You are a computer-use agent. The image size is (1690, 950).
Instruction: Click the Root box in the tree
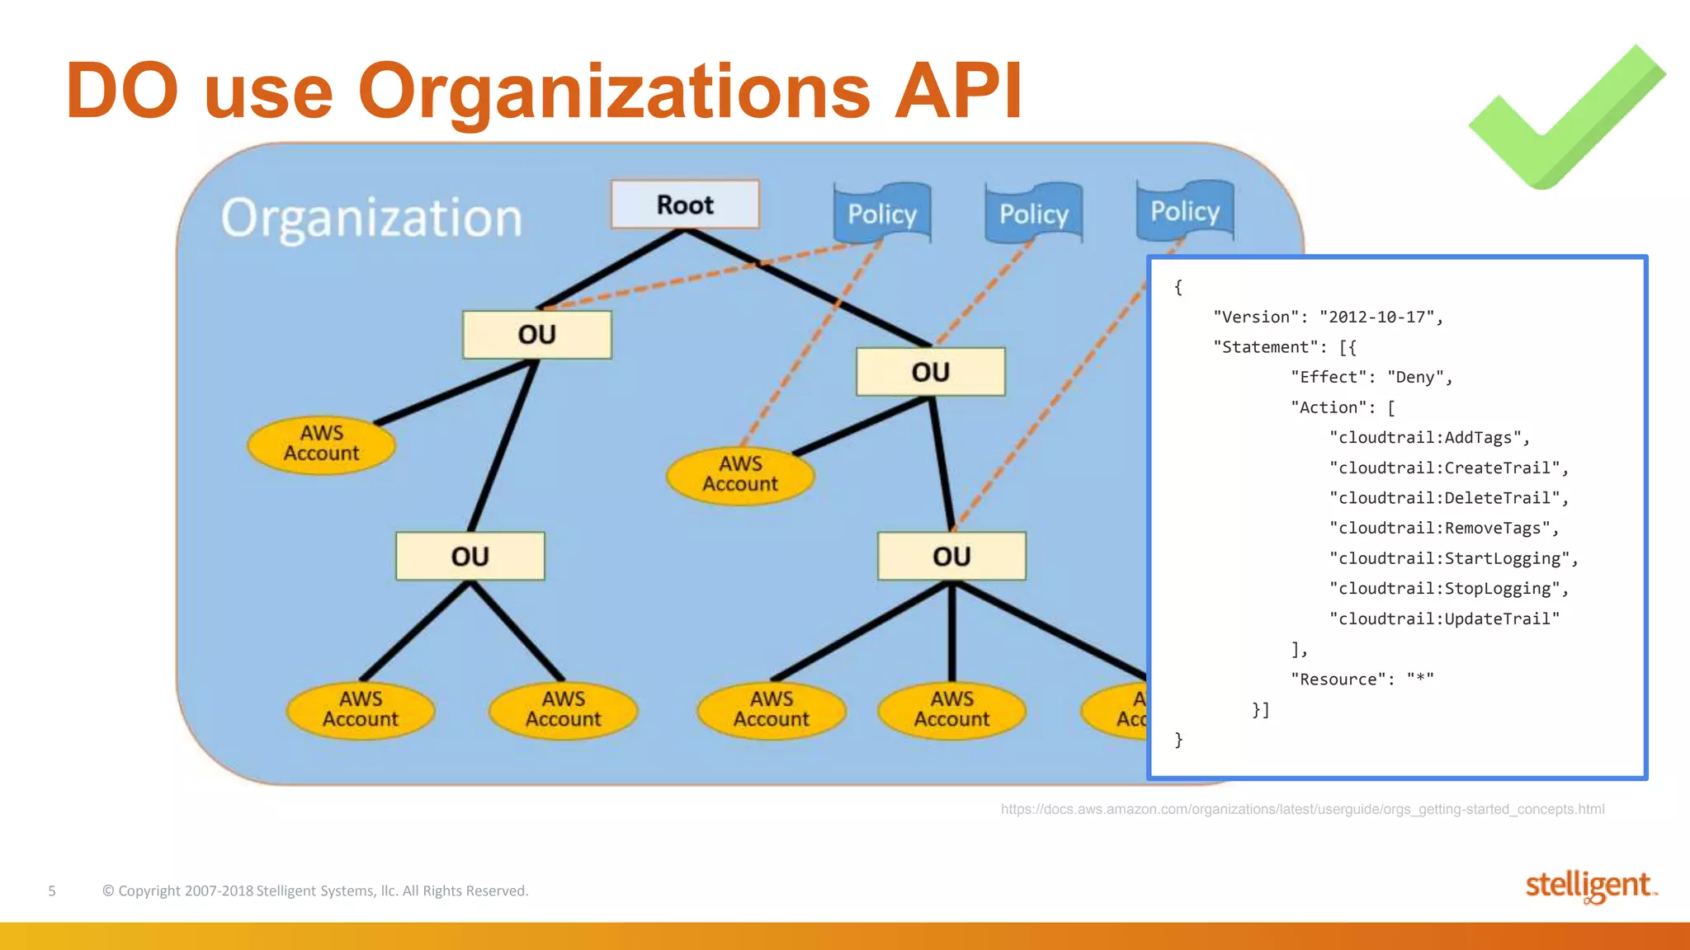click(x=685, y=205)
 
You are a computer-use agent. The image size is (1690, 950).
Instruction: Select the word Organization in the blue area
click(x=371, y=219)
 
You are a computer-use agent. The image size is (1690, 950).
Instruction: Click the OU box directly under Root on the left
click(x=537, y=335)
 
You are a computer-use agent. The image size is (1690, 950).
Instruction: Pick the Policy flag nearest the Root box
click(x=882, y=214)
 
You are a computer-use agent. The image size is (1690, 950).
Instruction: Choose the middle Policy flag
click(x=1033, y=214)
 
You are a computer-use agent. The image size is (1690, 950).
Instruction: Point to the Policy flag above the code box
click(x=1185, y=211)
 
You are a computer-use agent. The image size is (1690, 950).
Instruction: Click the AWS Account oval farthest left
click(x=322, y=444)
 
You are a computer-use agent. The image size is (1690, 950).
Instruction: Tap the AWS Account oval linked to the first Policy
click(x=740, y=475)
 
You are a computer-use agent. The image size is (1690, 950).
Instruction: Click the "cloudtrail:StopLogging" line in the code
click(x=1447, y=589)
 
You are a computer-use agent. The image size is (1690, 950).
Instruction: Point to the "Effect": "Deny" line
click(x=1371, y=378)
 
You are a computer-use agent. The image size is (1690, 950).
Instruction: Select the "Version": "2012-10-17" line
click(x=1327, y=317)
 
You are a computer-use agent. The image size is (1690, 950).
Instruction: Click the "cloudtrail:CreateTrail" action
click(x=1447, y=468)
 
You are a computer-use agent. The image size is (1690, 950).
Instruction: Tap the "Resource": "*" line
click(x=1362, y=680)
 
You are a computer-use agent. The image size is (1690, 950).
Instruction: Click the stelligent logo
click(x=1589, y=887)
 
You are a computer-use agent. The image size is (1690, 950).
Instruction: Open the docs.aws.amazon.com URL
click(x=1302, y=809)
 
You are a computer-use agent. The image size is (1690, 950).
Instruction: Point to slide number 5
click(x=52, y=891)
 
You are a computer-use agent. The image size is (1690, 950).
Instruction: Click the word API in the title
click(x=958, y=91)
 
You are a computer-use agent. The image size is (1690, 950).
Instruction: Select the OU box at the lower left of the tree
click(x=470, y=557)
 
